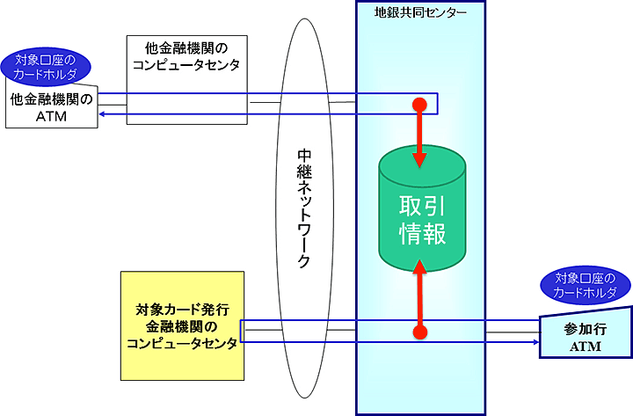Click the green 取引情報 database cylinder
(421, 215)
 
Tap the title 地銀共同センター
(420, 12)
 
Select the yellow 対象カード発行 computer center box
(182, 325)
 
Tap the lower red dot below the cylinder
(420, 332)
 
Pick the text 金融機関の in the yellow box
(182, 327)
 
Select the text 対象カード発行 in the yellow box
(182, 310)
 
